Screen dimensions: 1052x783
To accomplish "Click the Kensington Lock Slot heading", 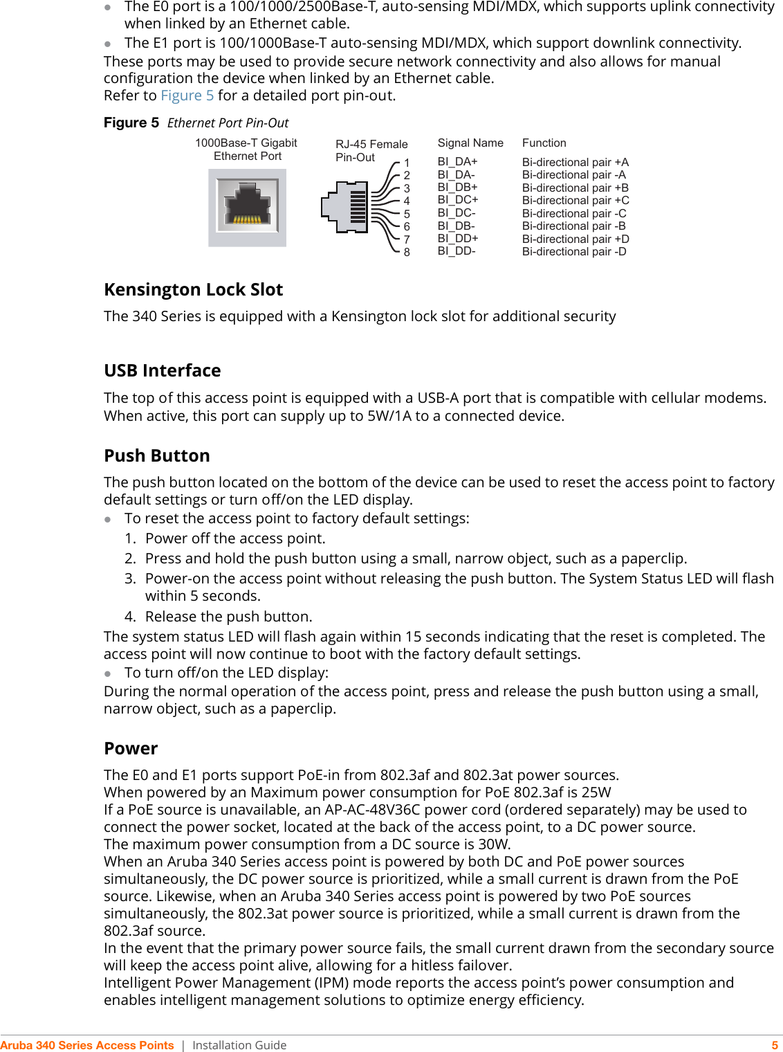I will click(193, 289).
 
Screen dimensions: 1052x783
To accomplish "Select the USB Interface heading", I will click(162, 370).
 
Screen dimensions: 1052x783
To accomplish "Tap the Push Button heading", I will click(156, 455).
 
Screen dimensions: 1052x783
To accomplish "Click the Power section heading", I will click(131, 748).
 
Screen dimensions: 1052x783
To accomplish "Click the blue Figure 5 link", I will click(187, 96).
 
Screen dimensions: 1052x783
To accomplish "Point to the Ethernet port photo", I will click(247, 208).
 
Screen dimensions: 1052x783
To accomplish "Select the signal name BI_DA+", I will click(457, 162).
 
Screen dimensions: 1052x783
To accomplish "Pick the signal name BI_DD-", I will click(456, 251).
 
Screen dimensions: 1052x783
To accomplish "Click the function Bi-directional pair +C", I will click(575, 201).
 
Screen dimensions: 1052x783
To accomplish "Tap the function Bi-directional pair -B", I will click(573, 226).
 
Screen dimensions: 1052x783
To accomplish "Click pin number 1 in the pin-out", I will click(407, 163).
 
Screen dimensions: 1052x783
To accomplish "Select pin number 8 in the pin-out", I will click(407, 253).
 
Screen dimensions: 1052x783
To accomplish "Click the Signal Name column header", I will click(470, 143).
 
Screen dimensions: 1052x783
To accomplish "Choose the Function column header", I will click(544, 143).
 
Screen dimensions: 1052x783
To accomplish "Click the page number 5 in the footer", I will click(775, 1045).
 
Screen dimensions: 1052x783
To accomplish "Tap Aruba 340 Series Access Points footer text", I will click(87, 1045).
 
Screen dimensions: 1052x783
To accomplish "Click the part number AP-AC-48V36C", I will click(383, 810).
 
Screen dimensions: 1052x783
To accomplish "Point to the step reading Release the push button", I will click(228, 617).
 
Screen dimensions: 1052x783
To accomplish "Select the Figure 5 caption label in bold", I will click(131, 123).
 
